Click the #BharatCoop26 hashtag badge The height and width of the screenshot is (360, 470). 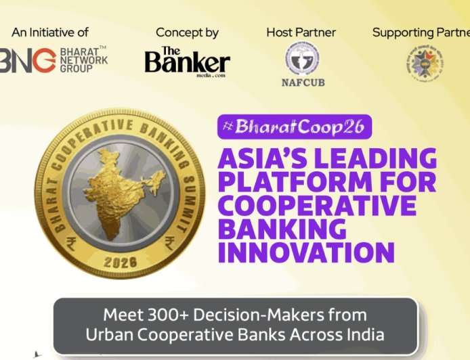[x=295, y=127]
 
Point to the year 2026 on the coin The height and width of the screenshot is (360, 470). [x=121, y=261]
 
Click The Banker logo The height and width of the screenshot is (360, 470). [x=187, y=62]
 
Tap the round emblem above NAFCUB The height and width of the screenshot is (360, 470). [x=301, y=59]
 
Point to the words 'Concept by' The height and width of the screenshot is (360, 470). [x=187, y=32]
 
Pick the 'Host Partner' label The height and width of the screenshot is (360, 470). [x=301, y=32]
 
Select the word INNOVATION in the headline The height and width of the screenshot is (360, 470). [x=305, y=252]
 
